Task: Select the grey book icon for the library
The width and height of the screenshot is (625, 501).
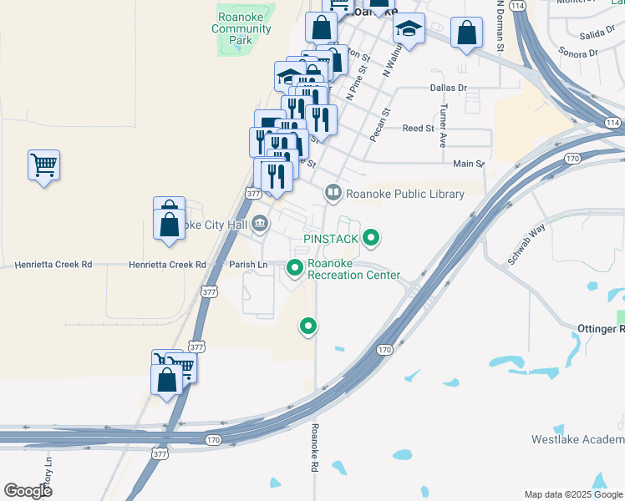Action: [333, 194]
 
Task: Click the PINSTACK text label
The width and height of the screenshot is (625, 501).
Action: [331, 239]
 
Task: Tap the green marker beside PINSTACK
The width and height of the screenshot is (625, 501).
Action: [371, 239]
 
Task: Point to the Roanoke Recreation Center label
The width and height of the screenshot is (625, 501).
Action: [353, 269]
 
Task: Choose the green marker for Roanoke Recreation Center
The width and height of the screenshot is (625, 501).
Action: [294, 268]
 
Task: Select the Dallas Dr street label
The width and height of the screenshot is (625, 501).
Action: [448, 87]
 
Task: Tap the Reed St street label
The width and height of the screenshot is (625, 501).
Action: [418, 129]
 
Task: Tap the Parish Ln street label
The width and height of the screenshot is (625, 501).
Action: [248, 265]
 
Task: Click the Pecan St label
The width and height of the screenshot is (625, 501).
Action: [381, 123]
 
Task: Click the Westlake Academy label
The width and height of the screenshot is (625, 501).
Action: [577, 439]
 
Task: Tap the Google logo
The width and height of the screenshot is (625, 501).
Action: [28, 490]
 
